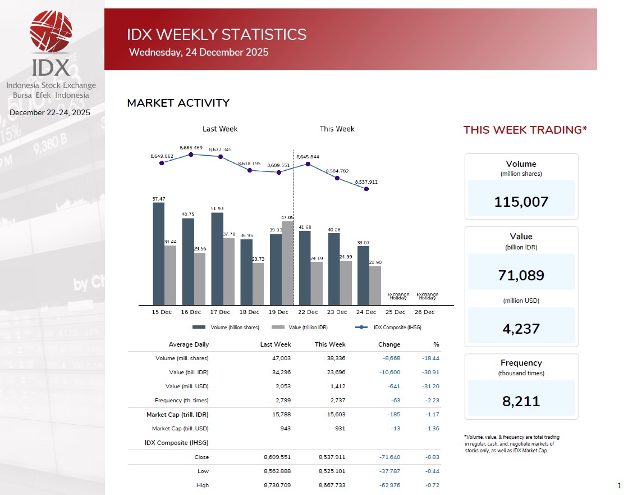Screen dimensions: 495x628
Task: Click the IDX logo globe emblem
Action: point(51,31)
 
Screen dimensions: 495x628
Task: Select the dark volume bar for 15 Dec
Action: point(159,253)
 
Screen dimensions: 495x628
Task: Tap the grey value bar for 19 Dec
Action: point(287,262)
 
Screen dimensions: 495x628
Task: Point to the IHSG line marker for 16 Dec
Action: point(191,154)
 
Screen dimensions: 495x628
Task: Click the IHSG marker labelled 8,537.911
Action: point(366,189)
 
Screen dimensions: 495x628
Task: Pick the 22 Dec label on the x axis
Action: point(308,312)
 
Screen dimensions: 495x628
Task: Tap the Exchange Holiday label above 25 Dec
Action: point(398,296)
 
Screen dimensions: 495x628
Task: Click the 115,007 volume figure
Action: point(521,202)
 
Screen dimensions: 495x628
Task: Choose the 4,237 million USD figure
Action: point(521,329)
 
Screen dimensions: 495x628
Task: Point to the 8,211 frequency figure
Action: point(521,401)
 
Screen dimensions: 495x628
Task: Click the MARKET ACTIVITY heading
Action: point(178,103)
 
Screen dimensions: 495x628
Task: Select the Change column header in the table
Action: point(389,344)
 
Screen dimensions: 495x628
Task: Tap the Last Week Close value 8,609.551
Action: point(277,457)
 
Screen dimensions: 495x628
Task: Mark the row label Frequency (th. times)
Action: point(181,401)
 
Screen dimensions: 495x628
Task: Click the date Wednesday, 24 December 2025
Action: point(199,52)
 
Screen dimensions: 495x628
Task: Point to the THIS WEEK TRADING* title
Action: point(525,130)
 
